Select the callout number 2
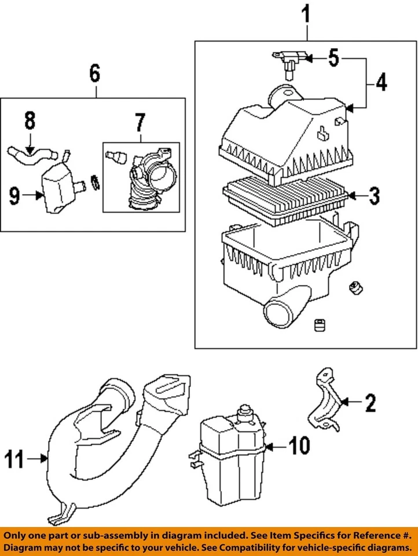pos(369,402)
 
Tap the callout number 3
pos(374,197)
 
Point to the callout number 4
pos(380,83)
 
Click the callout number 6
pos(94,74)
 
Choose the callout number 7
pos(140,123)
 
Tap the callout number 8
pos(30,122)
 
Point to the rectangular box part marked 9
pos(59,186)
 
